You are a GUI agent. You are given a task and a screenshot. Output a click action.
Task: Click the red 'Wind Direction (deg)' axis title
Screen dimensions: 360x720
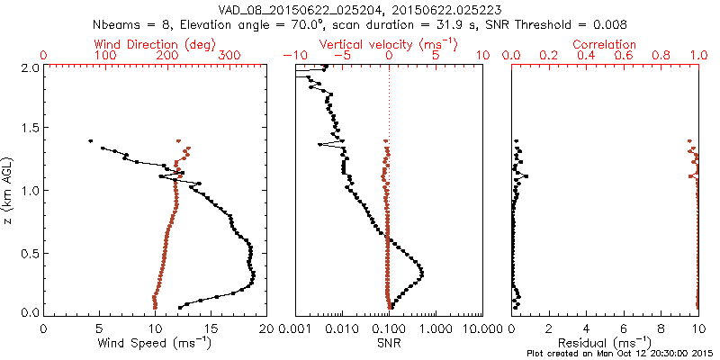pos(156,44)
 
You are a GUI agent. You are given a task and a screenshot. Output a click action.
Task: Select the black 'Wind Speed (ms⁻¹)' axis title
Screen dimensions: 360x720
pos(156,343)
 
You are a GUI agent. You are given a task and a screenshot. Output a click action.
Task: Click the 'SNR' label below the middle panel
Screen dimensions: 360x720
pos(389,343)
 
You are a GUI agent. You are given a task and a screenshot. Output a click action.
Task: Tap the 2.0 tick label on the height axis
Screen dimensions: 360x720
pos(29,67)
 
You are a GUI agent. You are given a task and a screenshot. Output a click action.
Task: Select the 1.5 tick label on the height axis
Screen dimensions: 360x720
pos(29,129)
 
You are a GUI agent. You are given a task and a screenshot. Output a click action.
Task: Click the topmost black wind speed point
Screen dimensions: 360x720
pos(91,140)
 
